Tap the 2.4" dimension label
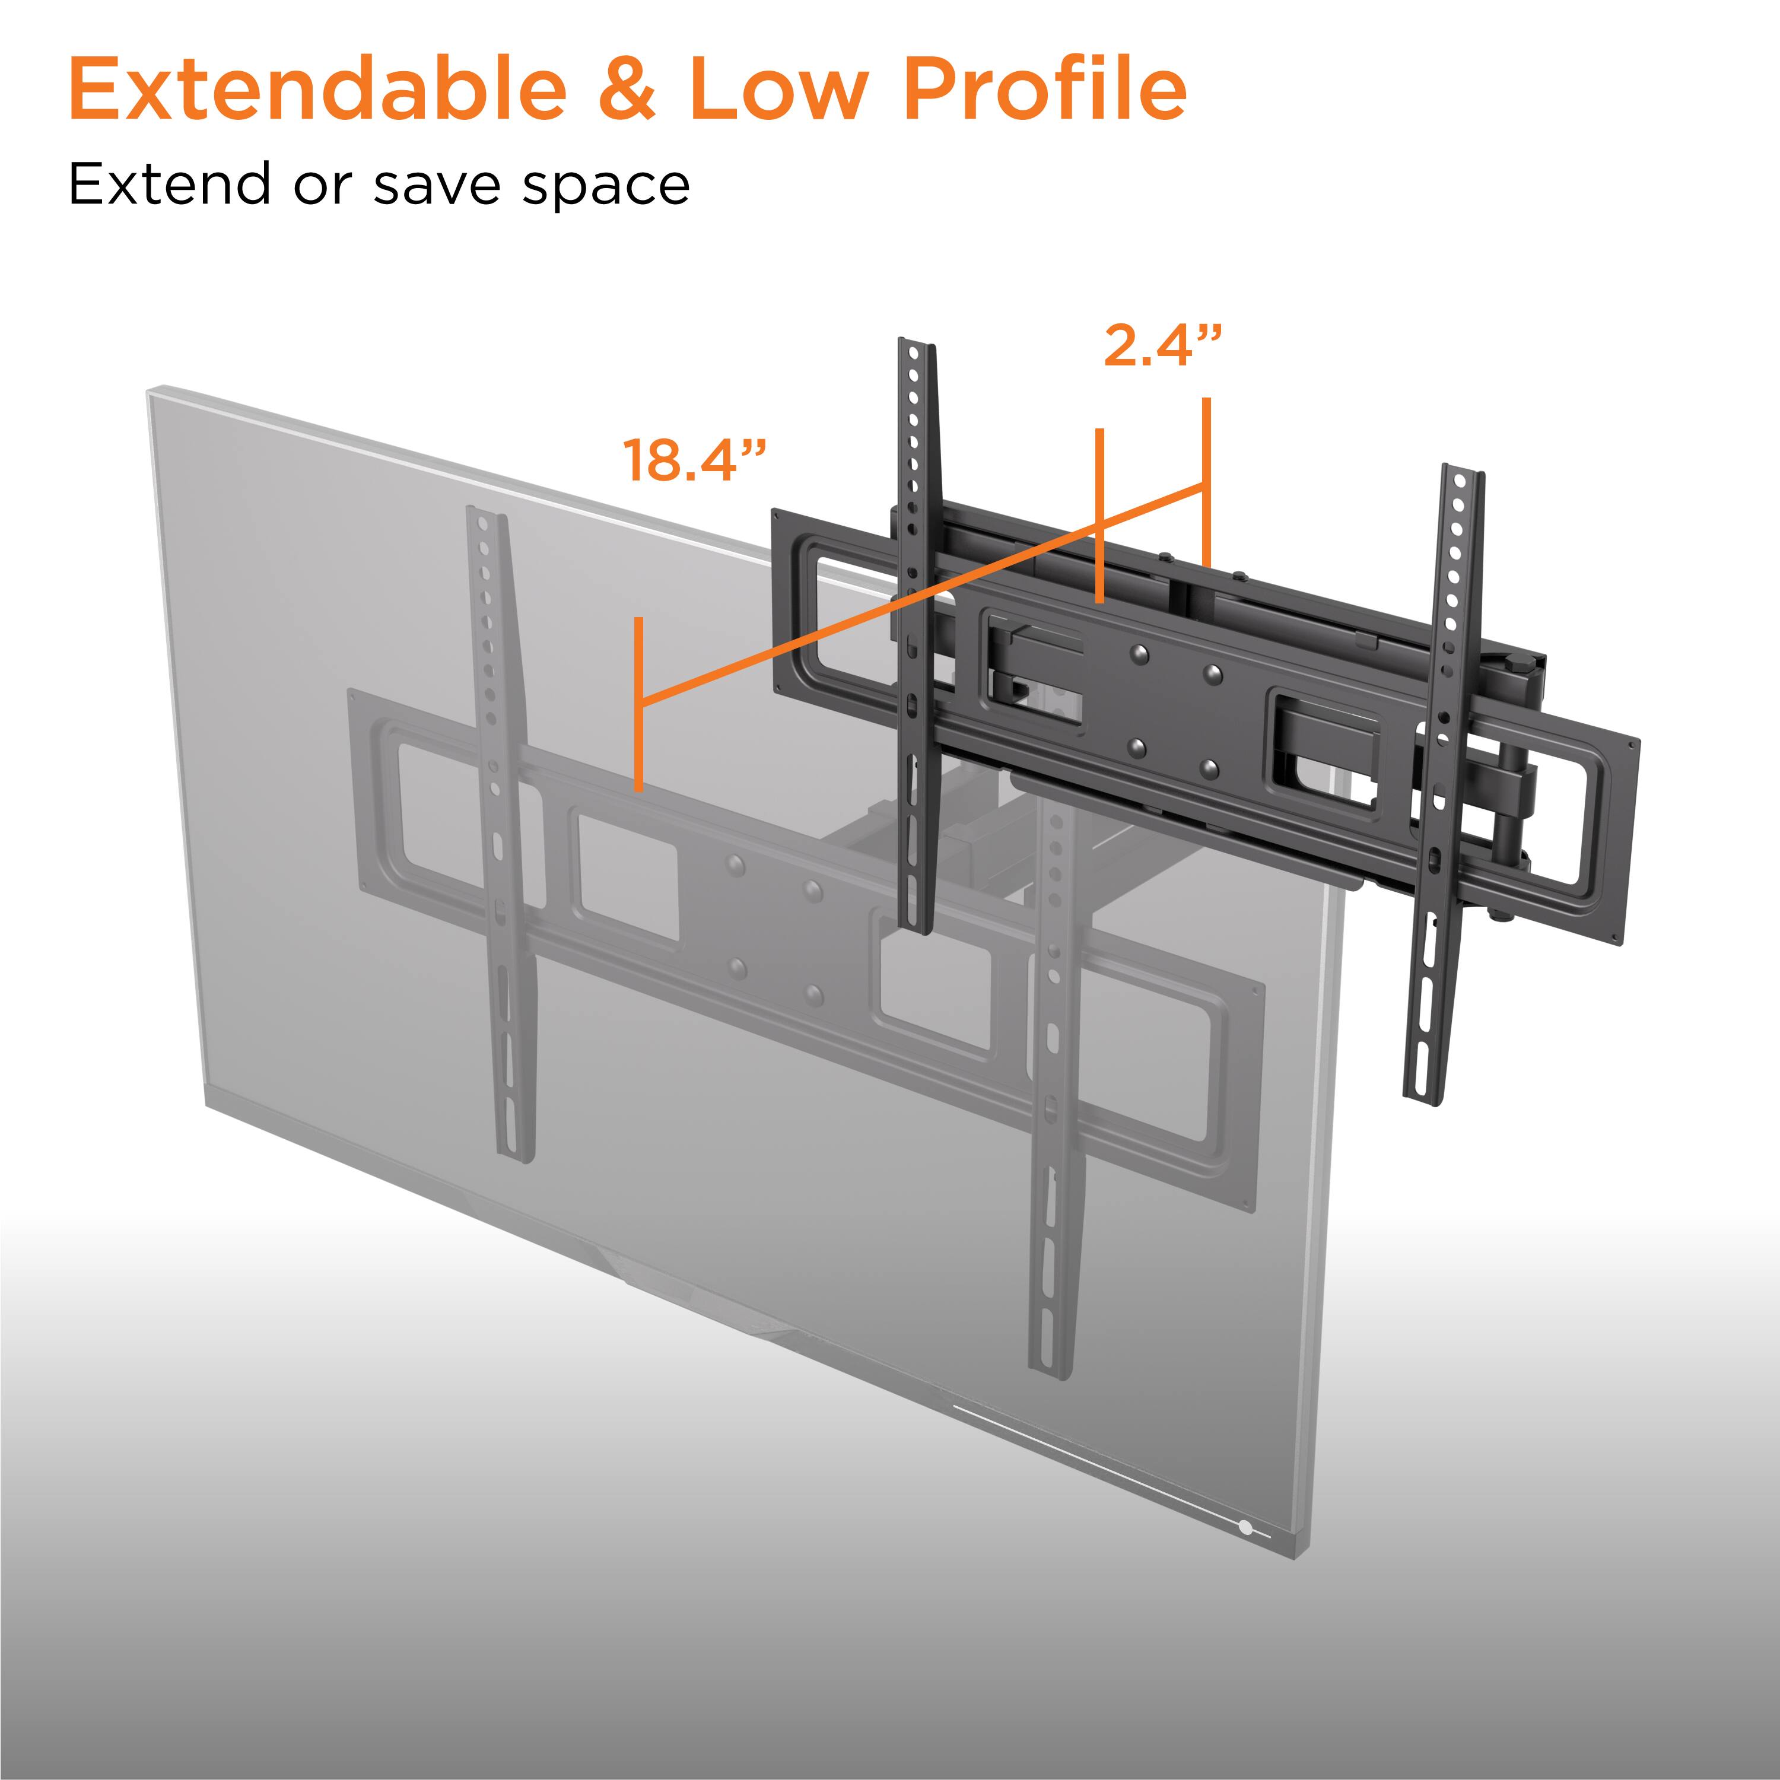[x=1163, y=347]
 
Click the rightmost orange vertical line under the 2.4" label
[x=1206, y=479]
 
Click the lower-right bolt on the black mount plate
[x=1210, y=767]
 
